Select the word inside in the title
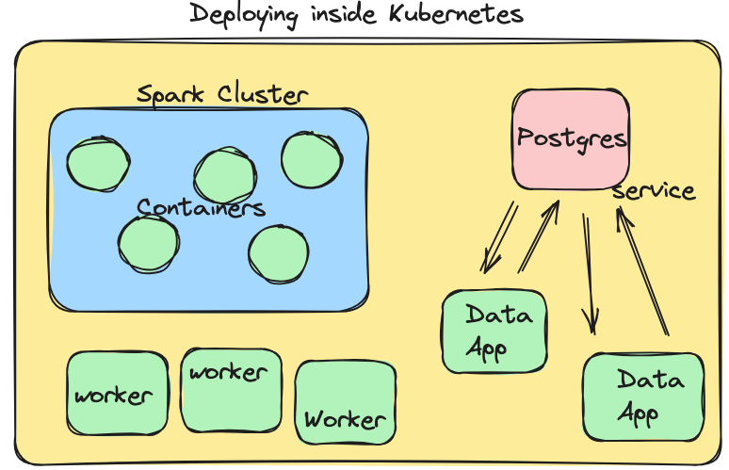(349, 15)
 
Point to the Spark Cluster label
(222, 95)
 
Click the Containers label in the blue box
(201, 207)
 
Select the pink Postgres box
(571, 138)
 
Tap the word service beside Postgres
(654, 191)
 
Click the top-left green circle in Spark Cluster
(98, 164)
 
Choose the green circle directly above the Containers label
(225, 175)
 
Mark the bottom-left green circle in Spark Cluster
(149, 243)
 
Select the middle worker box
(231, 389)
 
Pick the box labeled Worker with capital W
(345, 402)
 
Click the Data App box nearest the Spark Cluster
(494, 330)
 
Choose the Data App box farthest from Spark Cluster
(643, 397)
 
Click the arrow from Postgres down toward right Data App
(589, 273)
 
